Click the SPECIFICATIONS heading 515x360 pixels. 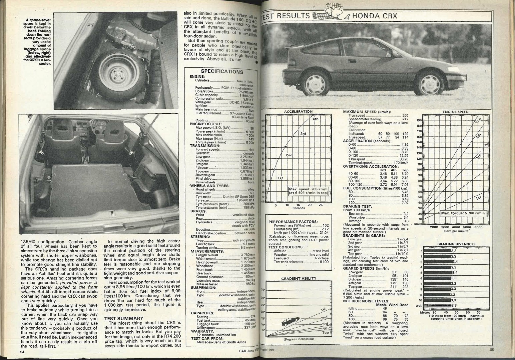[222, 71]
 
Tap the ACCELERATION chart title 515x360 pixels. [298, 111]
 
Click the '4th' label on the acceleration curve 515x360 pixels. [316, 119]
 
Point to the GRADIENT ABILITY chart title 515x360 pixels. [299, 278]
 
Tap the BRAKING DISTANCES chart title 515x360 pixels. [456, 244]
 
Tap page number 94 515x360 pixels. [22, 351]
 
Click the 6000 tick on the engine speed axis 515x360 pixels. [478, 227]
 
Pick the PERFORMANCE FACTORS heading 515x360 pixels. [293, 222]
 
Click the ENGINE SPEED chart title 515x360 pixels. [455, 112]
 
